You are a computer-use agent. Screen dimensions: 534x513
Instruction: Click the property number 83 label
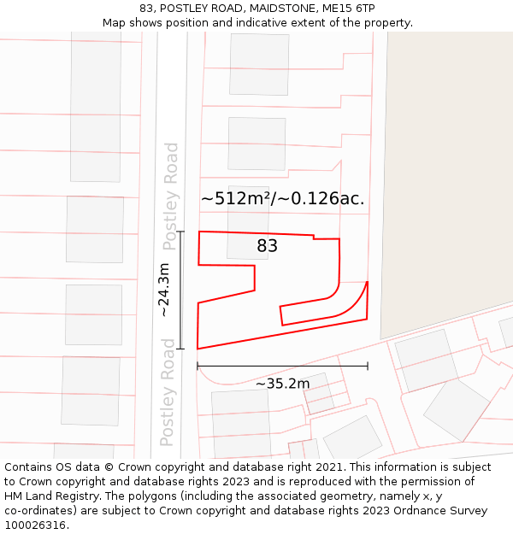pyautogui.click(x=268, y=246)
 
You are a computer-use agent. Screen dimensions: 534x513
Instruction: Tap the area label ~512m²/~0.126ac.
pyautogui.click(x=283, y=199)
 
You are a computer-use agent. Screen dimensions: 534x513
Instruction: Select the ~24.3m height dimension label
pyautogui.click(x=164, y=290)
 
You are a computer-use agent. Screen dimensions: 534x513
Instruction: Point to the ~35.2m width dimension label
pyautogui.click(x=282, y=384)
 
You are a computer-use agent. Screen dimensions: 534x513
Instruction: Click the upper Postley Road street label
pyautogui.click(x=172, y=197)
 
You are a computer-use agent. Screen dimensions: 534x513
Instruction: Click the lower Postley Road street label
pyautogui.click(x=168, y=392)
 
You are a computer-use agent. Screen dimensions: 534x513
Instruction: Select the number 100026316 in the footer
pyautogui.click(x=36, y=525)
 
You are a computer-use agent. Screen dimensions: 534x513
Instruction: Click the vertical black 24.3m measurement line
pyautogui.click(x=181, y=290)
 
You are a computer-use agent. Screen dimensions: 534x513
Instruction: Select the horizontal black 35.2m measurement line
pyautogui.click(x=282, y=366)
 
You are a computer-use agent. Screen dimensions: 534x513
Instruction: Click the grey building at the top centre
pyautogui.click(x=259, y=64)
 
